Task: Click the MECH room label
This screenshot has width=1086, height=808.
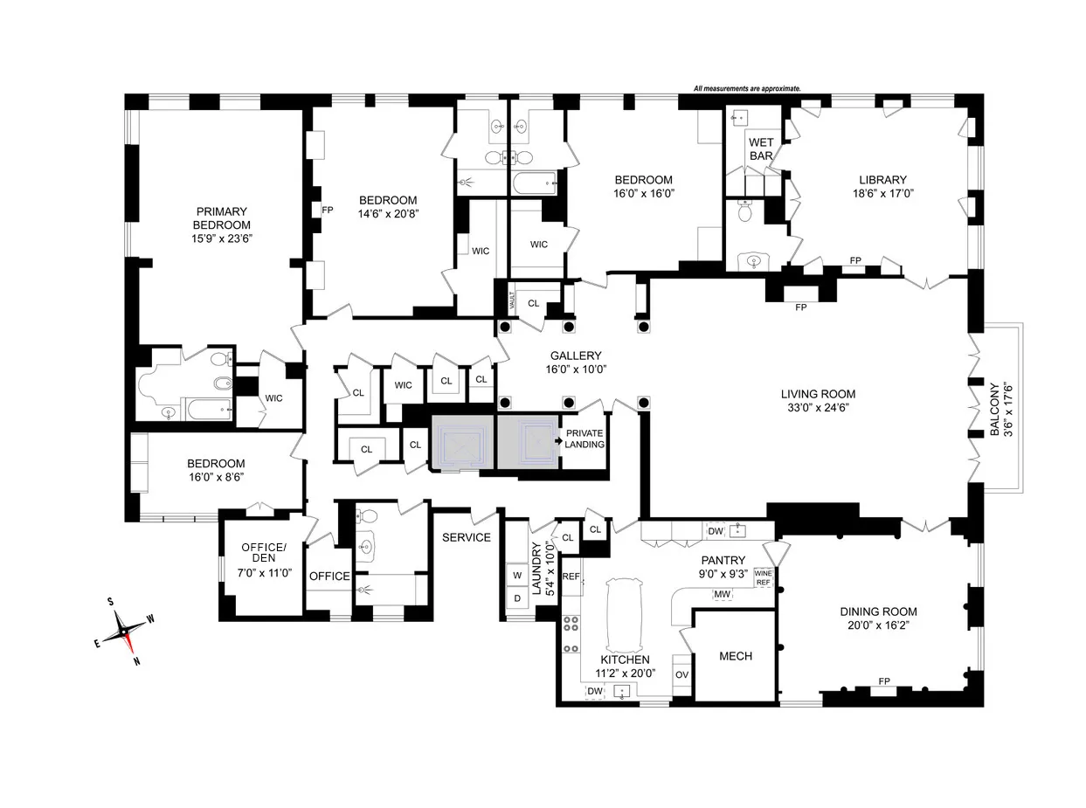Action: (x=735, y=656)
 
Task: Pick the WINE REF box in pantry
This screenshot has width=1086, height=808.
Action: (x=763, y=577)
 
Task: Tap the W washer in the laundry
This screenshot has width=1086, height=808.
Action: (x=516, y=575)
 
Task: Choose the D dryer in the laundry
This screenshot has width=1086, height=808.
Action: (x=516, y=598)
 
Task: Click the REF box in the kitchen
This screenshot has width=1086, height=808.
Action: (x=571, y=577)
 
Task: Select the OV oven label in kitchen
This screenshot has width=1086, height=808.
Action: (x=681, y=675)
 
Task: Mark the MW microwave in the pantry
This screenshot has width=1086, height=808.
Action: (x=722, y=594)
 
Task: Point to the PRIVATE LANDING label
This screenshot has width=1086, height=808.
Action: (x=585, y=439)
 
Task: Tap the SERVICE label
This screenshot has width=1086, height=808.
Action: (x=466, y=537)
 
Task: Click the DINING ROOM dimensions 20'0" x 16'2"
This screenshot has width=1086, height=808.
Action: (x=879, y=626)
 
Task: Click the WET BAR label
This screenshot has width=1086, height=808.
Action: (x=760, y=149)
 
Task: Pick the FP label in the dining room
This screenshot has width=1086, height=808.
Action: (x=884, y=681)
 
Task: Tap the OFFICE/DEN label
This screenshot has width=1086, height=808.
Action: (x=263, y=553)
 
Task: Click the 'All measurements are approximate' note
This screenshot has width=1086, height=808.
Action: (x=747, y=88)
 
